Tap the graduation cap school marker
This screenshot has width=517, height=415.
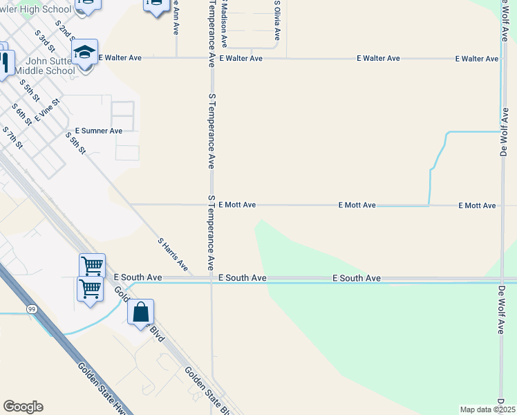click(84, 53)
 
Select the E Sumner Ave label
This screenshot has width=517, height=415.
click(99, 131)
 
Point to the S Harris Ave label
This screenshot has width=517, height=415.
click(173, 254)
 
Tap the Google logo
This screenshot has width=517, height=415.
click(23, 407)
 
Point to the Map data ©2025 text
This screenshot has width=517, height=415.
click(487, 409)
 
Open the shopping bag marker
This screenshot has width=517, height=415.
click(140, 313)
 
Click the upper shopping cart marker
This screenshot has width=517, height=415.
click(92, 266)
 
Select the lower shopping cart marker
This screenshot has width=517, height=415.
click(90, 289)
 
